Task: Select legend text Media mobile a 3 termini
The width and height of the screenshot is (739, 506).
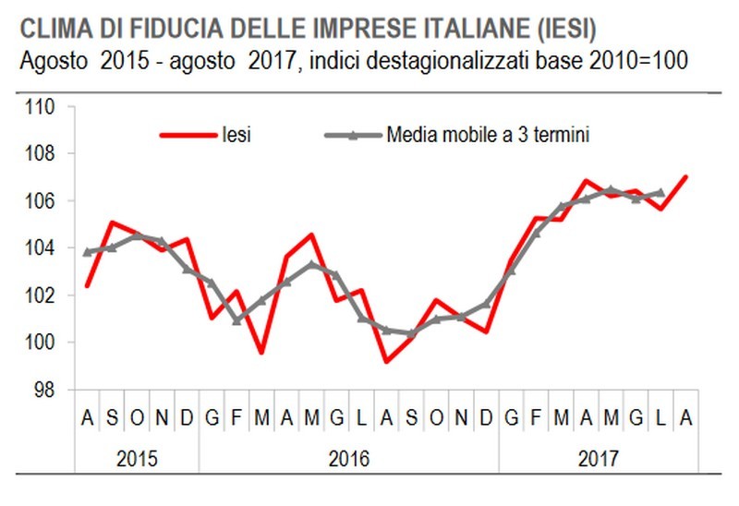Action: [488, 136]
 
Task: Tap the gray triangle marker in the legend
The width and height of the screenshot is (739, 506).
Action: [356, 136]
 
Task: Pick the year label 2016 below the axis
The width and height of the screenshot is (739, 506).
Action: [348, 457]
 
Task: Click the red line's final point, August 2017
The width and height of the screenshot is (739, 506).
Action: [685, 176]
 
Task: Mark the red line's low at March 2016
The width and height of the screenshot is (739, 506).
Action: [261, 352]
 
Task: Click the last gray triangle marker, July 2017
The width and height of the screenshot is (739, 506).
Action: [660, 193]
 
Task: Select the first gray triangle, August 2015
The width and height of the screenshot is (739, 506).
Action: [87, 252]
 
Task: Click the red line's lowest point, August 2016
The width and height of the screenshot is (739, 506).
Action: [386, 361]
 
